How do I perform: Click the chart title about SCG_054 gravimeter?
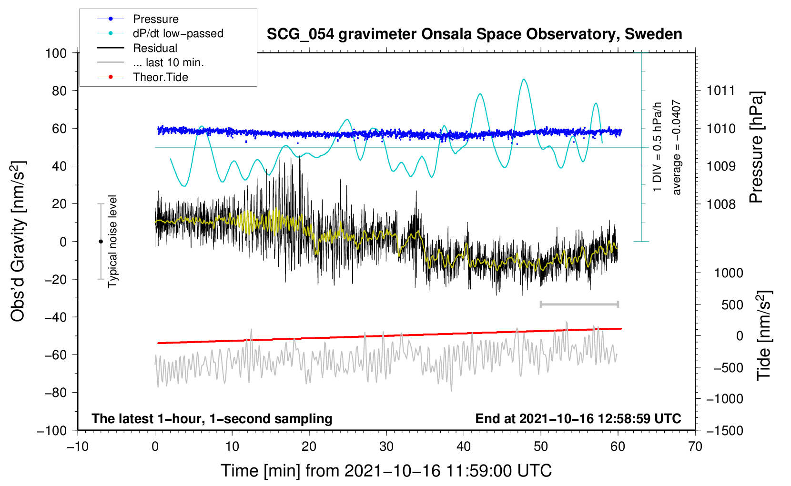click(474, 34)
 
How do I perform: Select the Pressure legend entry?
click(155, 19)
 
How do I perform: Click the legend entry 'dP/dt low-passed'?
click(178, 33)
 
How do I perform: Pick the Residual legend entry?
click(155, 48)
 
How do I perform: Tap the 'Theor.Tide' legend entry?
click(160, 77)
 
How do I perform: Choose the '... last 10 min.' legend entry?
click(168, 62)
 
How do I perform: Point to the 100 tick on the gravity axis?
click(56, 53)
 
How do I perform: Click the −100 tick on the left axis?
click(52, 430)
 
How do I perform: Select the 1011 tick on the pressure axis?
click(721, 91)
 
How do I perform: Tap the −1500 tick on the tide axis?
click(724, 430)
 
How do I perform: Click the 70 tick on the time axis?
click(695, 446)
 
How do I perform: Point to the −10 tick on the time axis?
click(78, 446)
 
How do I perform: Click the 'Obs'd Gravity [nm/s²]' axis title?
click(18, 242)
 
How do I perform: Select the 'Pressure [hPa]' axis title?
click(757, 148)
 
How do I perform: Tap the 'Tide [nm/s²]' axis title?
click(764, 335)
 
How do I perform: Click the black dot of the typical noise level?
click(101, 242)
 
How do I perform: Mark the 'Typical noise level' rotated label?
click(112, 242)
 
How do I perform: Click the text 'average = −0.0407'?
click(676, 148)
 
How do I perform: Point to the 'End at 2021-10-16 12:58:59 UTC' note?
click(578, 418)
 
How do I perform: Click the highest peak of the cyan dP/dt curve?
click(524, 80)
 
